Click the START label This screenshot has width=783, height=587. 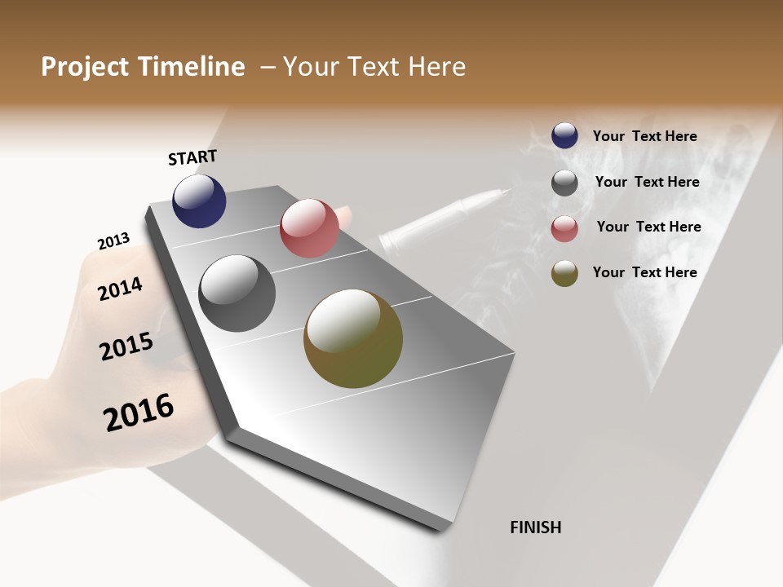pos(192,157)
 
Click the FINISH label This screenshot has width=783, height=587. pos(535,527)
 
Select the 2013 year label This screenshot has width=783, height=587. pos(113,241)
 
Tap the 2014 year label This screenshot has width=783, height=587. pos(120,289)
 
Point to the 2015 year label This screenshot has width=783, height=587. pos(126,346)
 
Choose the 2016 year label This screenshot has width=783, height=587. pos(139,413)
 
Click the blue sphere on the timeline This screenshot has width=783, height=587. pos(199,201)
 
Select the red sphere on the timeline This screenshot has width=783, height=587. pos(309,228)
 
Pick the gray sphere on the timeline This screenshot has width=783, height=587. pos(237,293)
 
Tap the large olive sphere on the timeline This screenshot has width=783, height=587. pos(352,338)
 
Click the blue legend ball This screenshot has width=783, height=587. pos(564,135)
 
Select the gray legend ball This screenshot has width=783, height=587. pos(564,183)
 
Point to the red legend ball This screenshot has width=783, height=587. pos(564,229)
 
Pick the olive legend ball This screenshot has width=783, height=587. pos(564,274)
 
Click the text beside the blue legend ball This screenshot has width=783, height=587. pos(644,136)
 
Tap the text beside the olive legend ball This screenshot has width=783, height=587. pos(644,272)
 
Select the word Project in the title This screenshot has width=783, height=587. pos(85,67)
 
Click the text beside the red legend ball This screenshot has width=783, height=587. pos(648,227)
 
